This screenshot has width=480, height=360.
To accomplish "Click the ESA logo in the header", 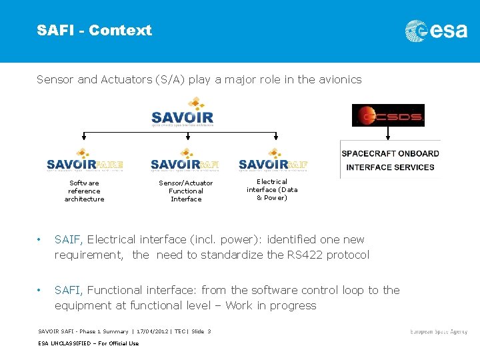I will pyautogui.click(x=436, y=31).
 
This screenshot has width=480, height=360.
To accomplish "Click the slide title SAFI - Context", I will pyautogui.click(x=94, y=31).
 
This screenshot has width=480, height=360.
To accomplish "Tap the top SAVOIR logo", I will pyautogui.click(x=183, y=113).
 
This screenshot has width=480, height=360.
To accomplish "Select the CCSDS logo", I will pyautogui.click(x=388, y=115).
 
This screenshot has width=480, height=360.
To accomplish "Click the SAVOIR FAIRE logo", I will pyautogui.click(x=85, y=161).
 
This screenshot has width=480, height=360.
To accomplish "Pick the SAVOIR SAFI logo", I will pyautogui.click(x=185, y=161).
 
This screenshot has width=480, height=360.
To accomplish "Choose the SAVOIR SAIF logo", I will pyautogui.click(x=273, y=161).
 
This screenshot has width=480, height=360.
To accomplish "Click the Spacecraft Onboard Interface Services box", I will pyautogui.click(x=390, y=160).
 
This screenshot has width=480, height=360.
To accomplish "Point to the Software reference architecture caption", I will pyautogui.click(x=84, y=191).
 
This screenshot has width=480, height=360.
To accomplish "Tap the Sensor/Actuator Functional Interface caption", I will pyautogui.click(x=186, y=191).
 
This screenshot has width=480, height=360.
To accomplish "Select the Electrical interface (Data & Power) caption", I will pyautogui.click(x=272, y=189).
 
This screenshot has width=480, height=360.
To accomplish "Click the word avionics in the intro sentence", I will pyautogui.click(x=339, y=79).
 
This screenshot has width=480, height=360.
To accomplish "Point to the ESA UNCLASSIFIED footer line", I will pyautogui.click(x=88, y=343).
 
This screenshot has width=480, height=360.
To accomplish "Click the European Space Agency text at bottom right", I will pyautogui.click(x=439, y=331).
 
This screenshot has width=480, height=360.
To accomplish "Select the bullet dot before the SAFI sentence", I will pyautogui.click(x=40, y=290).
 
